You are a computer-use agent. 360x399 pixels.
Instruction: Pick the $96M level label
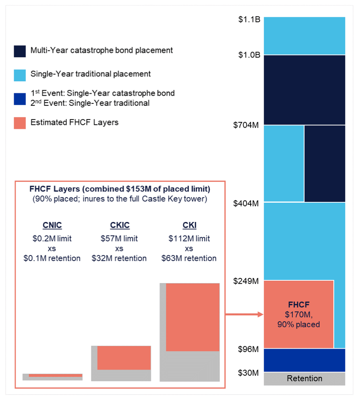click(x=248, y=349)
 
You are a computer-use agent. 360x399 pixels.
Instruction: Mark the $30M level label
click(x=248, y=373)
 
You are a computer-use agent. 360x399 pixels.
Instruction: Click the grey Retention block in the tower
click(x=304, y=379)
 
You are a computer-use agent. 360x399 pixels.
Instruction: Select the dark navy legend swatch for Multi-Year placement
click(x=20, y=51)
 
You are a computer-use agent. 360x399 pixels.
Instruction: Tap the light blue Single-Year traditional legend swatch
click(x=20, y=75)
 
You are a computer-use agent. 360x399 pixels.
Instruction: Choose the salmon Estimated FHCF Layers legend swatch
click(x=20, y=123)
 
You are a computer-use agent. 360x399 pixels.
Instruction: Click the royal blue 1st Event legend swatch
click(x=20, y=99)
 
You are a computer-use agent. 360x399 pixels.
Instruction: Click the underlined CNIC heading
click(x=52, y=225)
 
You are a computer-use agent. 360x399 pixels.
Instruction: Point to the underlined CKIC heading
click(x=119, y=225)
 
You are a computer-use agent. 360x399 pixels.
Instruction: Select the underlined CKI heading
click(x=189, y=225)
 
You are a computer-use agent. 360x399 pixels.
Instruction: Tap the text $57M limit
click(x=119, y=239)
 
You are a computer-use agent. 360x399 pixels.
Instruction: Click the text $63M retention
click(x=189, y=258)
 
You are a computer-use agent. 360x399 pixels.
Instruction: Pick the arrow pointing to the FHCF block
click(x=244, y=315)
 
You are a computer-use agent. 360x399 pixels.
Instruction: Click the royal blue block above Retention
click(x=304, y=360)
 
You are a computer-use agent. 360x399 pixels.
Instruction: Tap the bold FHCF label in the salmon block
click(x=298, y=304)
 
